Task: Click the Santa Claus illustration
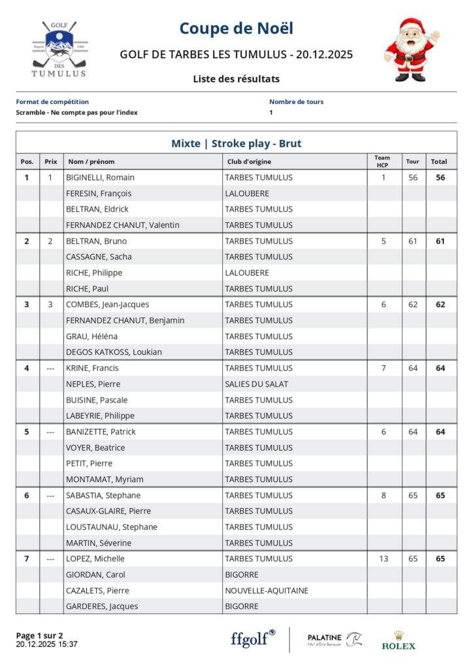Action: (411, 50)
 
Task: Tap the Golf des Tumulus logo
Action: (59, 50)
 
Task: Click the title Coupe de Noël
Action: (236, 29)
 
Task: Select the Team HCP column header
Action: (382, 161)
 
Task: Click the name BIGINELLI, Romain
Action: (100, 177)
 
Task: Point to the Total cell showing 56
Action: (440, 177)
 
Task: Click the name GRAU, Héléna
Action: (90, 336)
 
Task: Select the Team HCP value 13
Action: (383, 559)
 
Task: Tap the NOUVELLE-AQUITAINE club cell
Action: (267, 591)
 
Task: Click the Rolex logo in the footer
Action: (399, 640)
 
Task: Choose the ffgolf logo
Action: (253, 638)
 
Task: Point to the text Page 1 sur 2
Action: (39, 635)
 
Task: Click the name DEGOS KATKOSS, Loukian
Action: (114, 352)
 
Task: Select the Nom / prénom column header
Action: (91, 161)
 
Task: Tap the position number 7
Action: (27, 559)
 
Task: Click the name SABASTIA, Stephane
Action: (103, 495)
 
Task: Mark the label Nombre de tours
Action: (296, 102)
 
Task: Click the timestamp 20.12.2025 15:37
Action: (47, 644)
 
